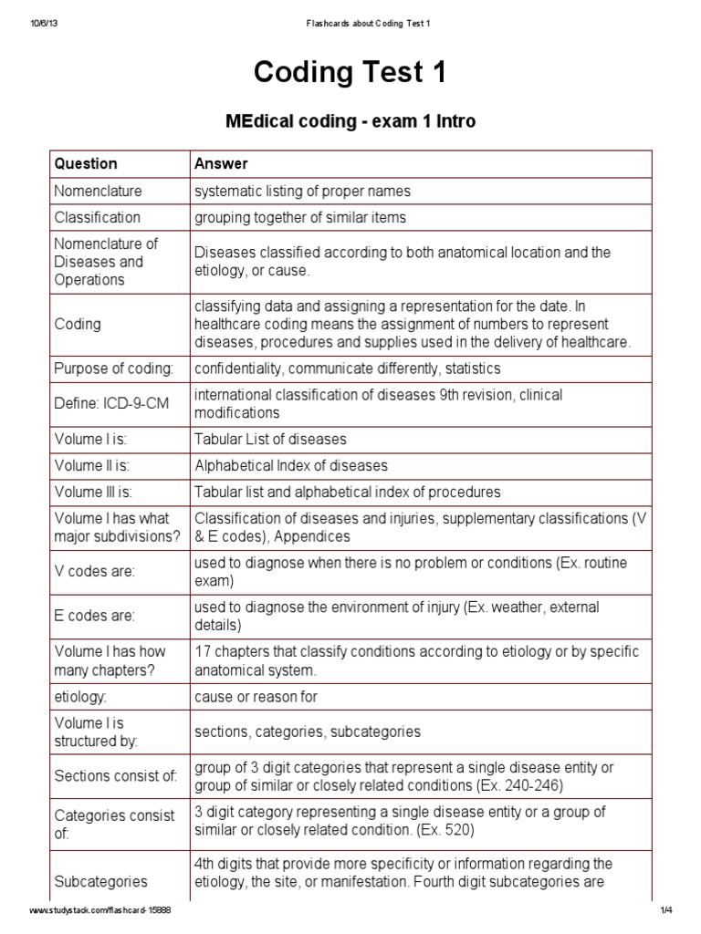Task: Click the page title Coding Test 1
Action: point(350,74)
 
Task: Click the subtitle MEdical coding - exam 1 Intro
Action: point(350,121)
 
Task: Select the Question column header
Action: point(86,164)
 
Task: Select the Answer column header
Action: point(221,164)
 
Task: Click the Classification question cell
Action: point(97,217)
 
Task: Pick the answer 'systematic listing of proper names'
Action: point(302,192)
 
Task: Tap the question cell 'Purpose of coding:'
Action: point(113,368)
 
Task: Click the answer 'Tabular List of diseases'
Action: point(270,440)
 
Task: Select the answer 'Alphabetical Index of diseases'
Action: point(290,466)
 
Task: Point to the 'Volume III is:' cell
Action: point(93,493)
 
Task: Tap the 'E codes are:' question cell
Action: point(94,617)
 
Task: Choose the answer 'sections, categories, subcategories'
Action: point(308,732)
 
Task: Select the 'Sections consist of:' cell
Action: point(115,776)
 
